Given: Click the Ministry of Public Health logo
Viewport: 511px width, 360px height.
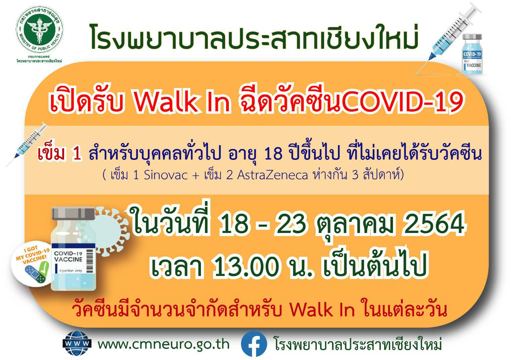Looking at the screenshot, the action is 40,29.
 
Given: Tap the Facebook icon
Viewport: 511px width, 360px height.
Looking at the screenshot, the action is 254,344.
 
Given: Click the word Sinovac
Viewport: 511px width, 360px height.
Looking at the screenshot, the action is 166,175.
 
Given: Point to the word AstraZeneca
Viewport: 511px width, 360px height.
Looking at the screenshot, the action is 272,175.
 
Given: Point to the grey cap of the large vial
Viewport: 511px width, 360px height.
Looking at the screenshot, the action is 73,213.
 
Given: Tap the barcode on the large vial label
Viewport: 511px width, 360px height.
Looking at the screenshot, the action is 90,261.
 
